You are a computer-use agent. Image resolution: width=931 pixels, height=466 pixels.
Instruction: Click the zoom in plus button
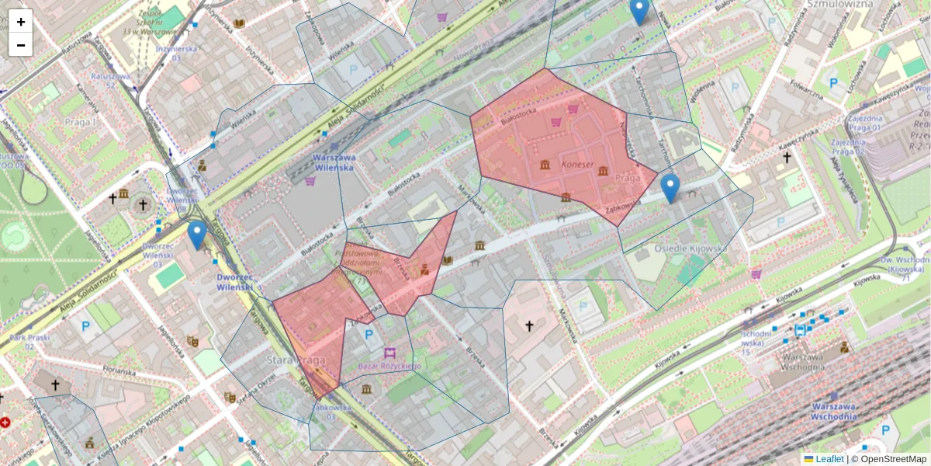coord(21,22)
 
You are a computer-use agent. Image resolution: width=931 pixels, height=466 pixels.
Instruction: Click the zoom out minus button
coord(21,45)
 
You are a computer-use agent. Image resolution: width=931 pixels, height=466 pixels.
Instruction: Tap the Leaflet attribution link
coord(829,459)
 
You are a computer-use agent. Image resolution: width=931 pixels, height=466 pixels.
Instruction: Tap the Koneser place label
coord(576,165)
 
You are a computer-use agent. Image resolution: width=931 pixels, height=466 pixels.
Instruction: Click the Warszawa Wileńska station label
coord(333,161)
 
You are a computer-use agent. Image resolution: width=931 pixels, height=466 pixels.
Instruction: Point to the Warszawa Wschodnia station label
coord(835,410)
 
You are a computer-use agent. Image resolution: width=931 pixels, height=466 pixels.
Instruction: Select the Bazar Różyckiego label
coord(389,366)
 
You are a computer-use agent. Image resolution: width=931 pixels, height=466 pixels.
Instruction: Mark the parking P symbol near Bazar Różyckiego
coord(369,335)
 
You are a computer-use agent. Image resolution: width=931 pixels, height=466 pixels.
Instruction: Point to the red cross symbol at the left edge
coord(5,423)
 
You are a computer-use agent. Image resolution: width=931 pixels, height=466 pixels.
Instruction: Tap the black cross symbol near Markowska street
coord(529,326)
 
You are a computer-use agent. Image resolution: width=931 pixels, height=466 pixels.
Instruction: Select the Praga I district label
coord(81,123)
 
